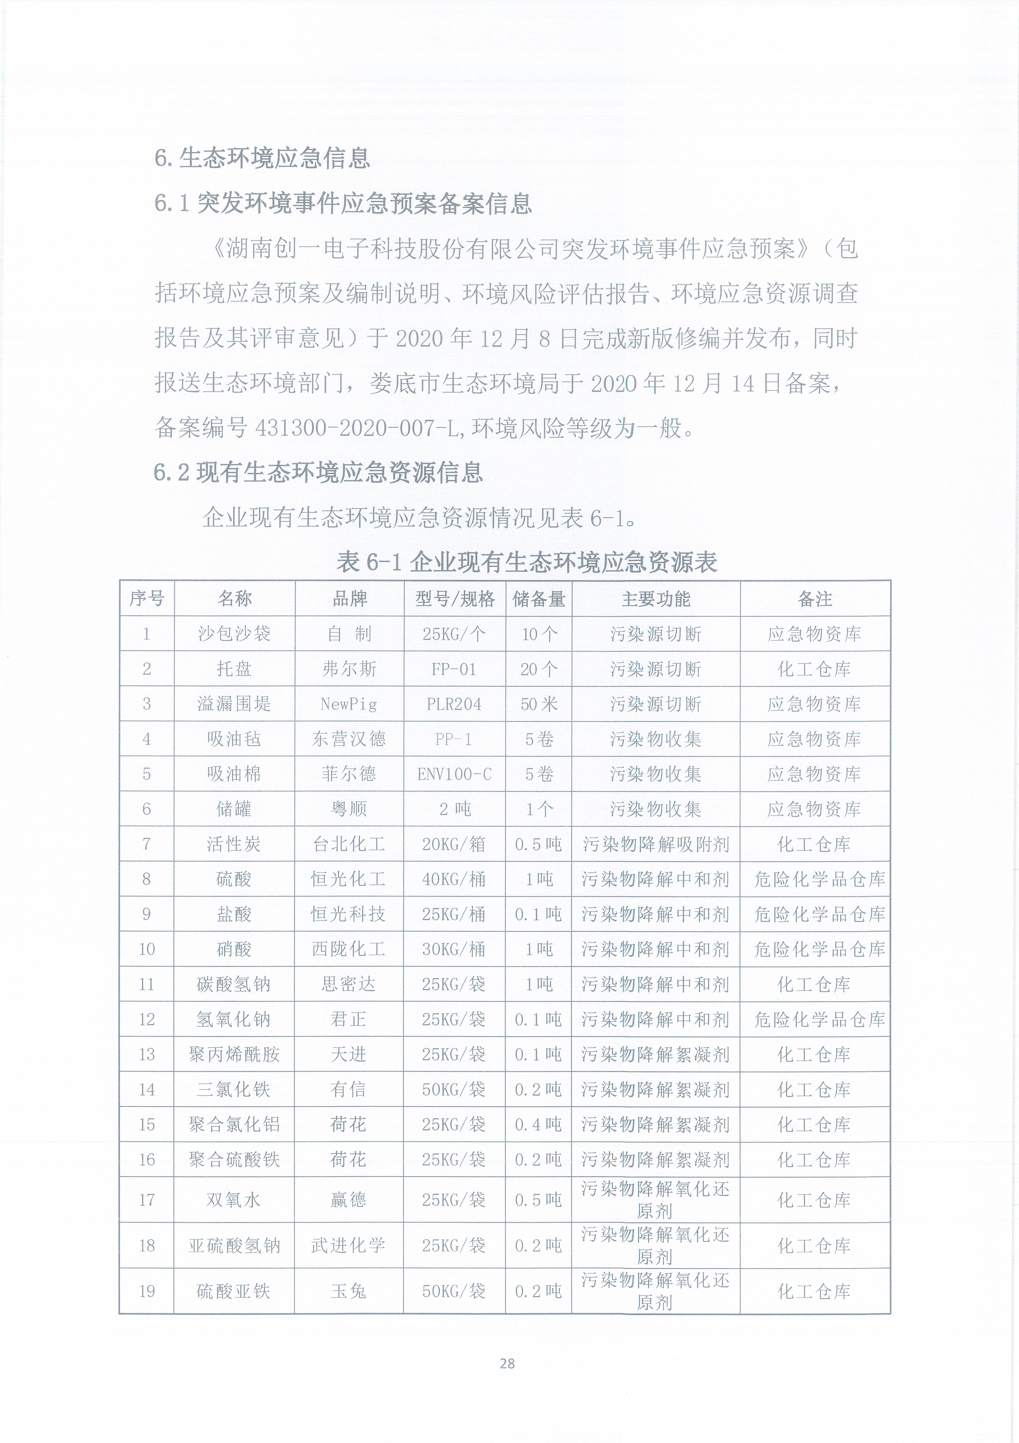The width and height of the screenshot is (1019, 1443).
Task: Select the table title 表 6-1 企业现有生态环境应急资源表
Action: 526,561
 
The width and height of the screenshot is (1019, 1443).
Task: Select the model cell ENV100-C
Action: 454,774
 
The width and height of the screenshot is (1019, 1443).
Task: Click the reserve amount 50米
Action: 538,704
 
